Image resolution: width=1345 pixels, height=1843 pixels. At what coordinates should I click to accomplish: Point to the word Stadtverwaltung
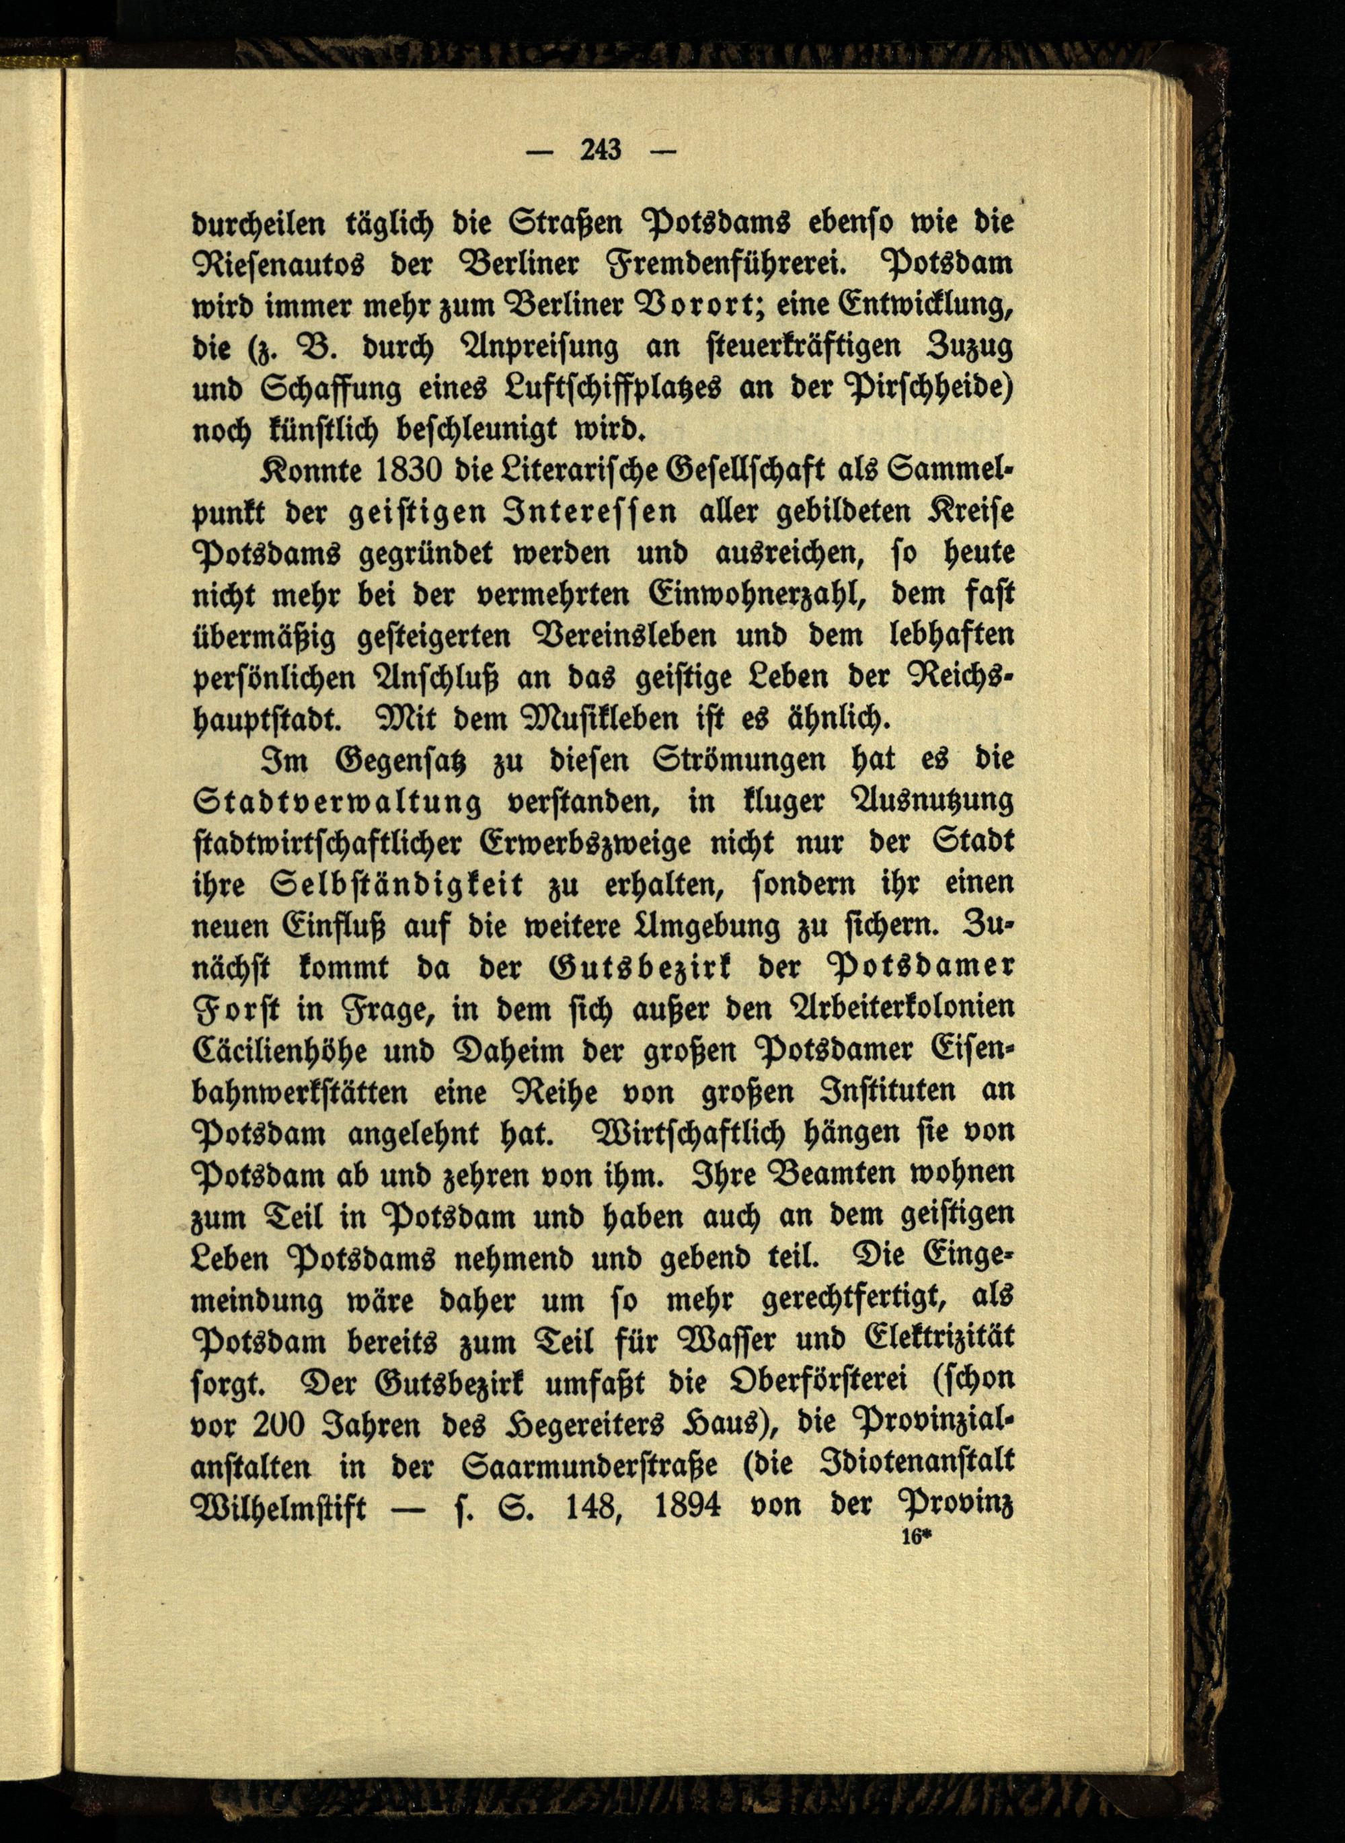tap(337, 802)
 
